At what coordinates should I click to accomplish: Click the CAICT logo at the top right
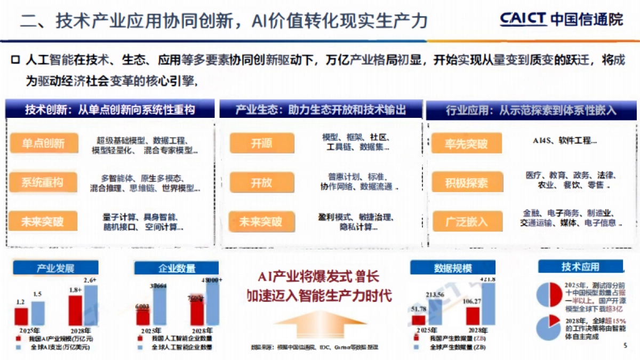561,20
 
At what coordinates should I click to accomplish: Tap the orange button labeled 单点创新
43,143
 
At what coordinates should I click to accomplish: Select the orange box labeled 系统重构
43,182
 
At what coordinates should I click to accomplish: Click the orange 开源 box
262,143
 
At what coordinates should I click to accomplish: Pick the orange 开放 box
262,182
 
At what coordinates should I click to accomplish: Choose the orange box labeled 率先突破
467,143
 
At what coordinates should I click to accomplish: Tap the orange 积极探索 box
467,183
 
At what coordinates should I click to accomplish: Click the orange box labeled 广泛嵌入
467,221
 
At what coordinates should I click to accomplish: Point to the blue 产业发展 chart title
55,268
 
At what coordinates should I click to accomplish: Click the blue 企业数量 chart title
177,268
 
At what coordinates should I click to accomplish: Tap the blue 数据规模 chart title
453,268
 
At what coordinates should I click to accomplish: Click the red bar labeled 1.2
21,316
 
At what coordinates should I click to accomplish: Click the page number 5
625,346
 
